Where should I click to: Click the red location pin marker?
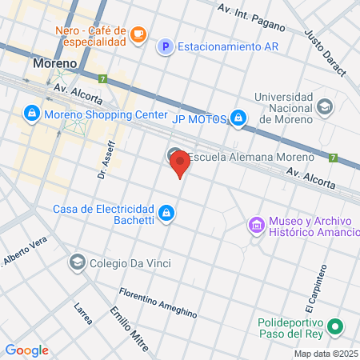tap(180, 164)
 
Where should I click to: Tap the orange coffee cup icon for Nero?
tap(138, 34)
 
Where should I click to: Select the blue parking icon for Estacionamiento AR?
tap(165, 46)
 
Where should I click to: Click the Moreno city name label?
tap(55, 62)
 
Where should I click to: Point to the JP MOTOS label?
tap(201, 119)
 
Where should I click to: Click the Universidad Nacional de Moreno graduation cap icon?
tap(325, 106)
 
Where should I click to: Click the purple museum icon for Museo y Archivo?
tap(257, 226)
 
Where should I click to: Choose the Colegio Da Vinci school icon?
tap(77, 262)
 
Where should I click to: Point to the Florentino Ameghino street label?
tap(158, 301)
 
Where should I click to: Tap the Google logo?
tap(26, 350)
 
